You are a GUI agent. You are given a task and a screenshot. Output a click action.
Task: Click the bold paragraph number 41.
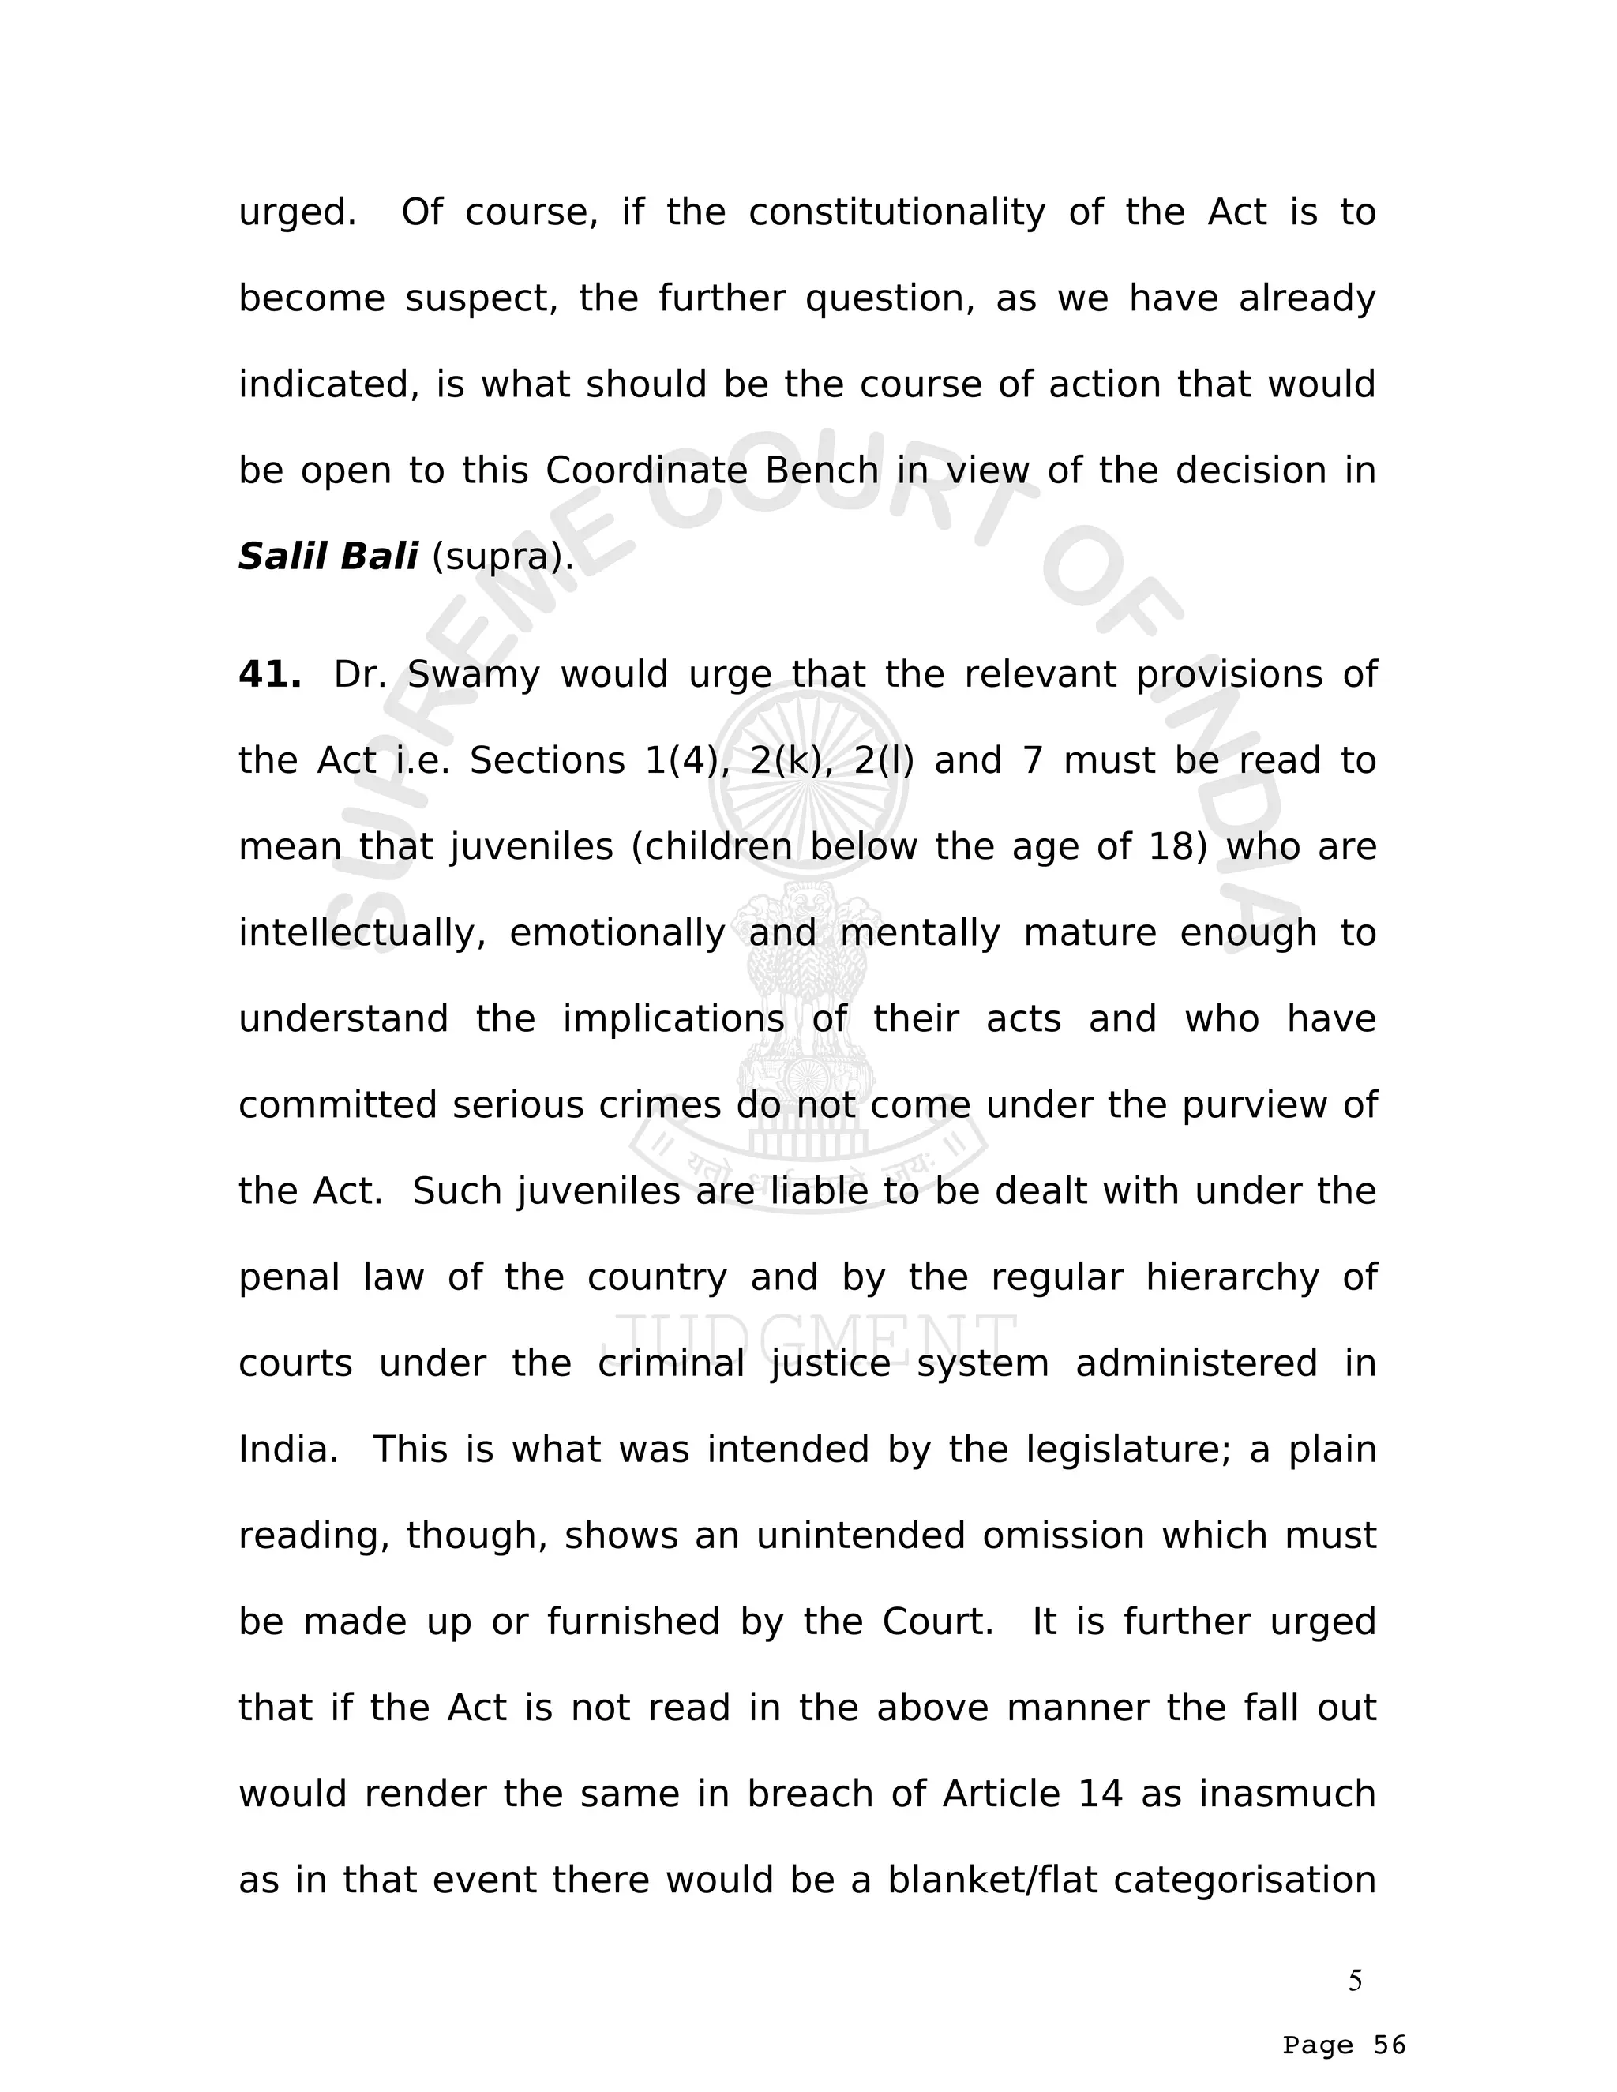pyautogui.click(x=269, y=675)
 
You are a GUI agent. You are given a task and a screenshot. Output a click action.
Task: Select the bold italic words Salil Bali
pyautogui.click(x=328, y=557)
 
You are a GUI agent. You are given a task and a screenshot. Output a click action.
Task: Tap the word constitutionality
pyautogui.click(x=897, y=212)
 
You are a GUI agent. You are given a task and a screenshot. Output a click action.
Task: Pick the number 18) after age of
pyautogui.click(x=1177, y=847)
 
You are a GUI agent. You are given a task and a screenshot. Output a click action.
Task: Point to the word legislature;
pyautogui.click(x=1127, y=1450)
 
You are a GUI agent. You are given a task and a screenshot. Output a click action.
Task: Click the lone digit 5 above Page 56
pyautogui.click(x=1356, y=1980)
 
